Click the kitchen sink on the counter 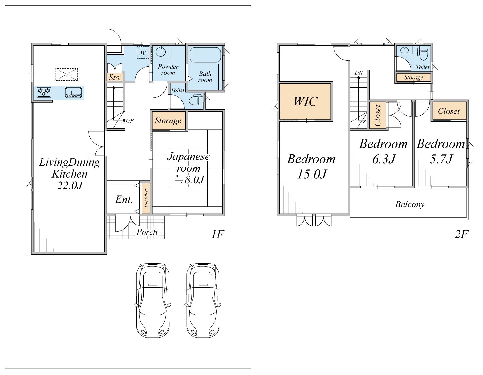coord(73,92)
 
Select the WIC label coord(305,101)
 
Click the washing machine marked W coord(143,53)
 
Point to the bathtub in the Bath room coord(205,55)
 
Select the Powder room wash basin coord(161,52)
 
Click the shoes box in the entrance coord(146,198)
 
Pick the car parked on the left coord(153,300)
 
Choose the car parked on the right coord(203,300)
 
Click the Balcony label coord(410,204)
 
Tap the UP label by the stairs coord(130,120)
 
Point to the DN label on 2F coord(359,72)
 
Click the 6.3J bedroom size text coord(384,159)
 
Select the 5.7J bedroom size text coord(441,159)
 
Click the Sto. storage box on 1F coord(115,77)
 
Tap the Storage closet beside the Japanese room coord(169,120)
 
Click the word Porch coord(147,232)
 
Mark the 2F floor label coord(461,234)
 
